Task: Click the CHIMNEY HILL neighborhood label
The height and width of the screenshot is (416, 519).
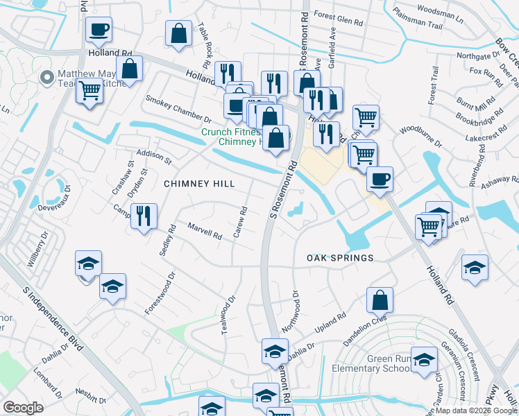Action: click(x=199, y=184)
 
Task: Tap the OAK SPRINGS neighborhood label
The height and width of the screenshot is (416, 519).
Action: click(x=340, y=258)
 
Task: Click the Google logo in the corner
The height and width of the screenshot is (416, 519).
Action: click(x=23, y=408)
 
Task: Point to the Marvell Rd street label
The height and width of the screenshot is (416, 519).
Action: click(x=204, y=231)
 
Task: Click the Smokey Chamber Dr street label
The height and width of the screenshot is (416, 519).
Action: click(x=178, y=109)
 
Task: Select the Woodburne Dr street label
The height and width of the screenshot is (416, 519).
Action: click(x=420, y=136)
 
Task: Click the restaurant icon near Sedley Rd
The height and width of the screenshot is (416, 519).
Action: click(x=144, y=216)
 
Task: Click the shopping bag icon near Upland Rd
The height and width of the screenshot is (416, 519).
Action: click(x=380, y=300)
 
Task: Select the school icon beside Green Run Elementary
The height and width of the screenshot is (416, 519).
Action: click(x=424, y=359)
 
